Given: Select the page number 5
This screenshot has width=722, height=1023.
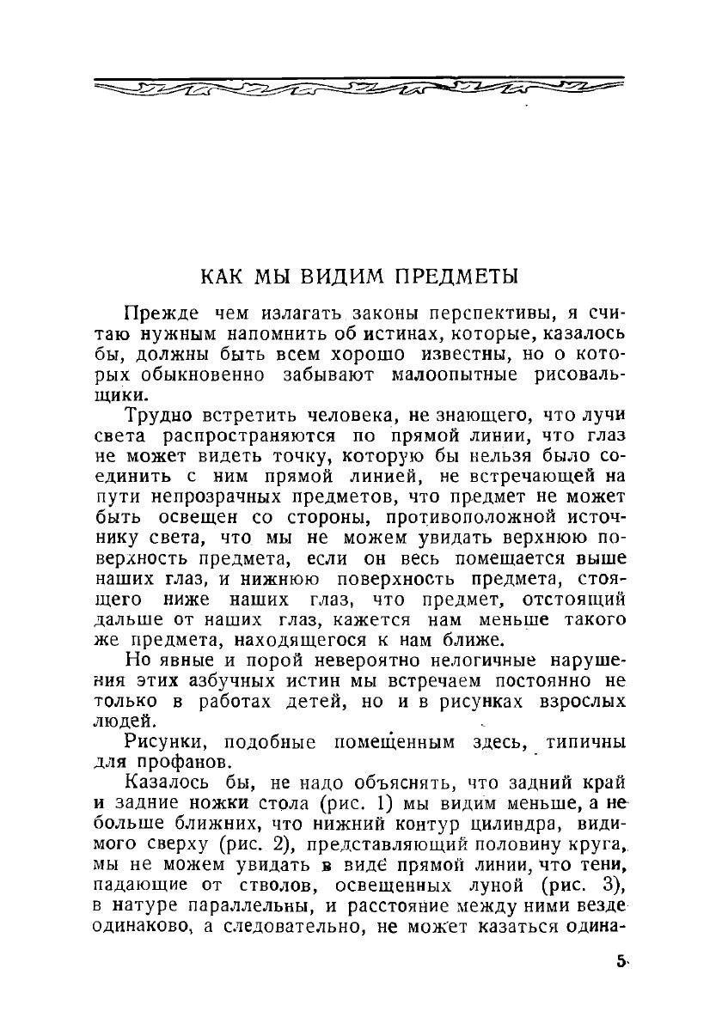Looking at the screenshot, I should pos(620,962).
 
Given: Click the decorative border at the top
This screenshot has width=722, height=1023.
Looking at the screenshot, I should pos(358,86).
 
